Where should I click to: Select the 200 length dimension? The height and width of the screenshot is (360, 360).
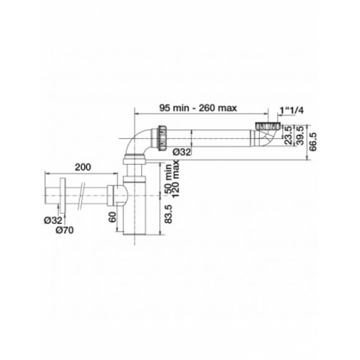pos(82,167)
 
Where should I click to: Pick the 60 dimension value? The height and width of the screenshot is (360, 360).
pos(112,218)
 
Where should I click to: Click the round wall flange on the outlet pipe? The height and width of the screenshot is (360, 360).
pos(65,194)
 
